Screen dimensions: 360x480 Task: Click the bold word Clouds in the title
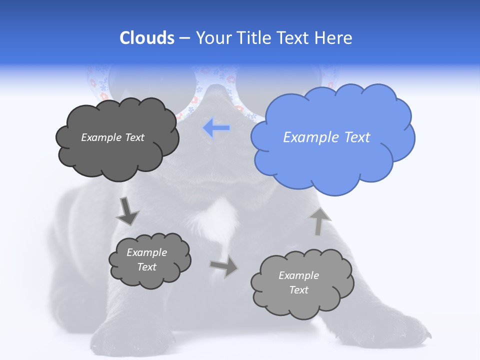coord(147,37)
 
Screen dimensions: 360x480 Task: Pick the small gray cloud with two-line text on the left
coord(149,259)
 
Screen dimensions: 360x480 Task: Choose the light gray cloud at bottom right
coord(301,282)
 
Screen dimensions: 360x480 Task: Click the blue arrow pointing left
coord(216,128)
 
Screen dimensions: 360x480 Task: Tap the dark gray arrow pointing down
coord(127,211)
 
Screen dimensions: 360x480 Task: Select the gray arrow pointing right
coord(224,266)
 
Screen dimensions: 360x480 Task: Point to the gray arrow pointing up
coord(320,221)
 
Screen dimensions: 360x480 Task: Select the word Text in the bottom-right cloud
coord(298,290)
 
